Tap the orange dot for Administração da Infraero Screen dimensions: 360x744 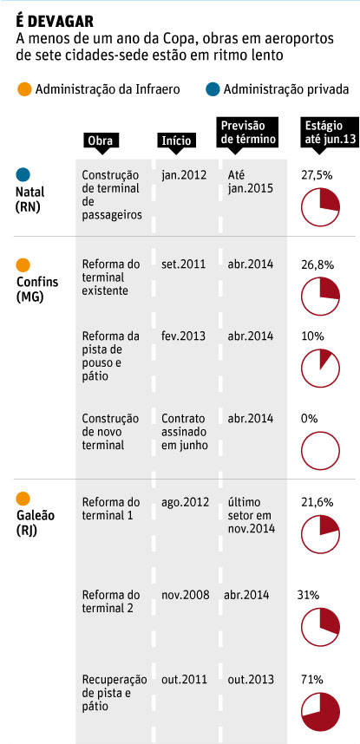[23, 89]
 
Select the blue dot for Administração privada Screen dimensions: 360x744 [213, 89]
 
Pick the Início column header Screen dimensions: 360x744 [176, 140]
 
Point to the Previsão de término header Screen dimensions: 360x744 [249, 133]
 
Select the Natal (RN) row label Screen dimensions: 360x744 [30, 199]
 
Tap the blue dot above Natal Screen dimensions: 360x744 [23, 174]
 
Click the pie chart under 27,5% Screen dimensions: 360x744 [321, 206]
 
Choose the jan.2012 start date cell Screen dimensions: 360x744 [184, 175]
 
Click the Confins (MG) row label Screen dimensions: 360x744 [37, 289]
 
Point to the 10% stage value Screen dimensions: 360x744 [312, 336]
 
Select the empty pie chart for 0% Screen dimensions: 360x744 [321, 450]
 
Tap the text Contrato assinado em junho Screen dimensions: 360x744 [184, 432]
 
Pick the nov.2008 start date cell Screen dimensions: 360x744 [186, 595]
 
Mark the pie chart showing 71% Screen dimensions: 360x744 [321, 712]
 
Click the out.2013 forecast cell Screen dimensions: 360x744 [251, 680]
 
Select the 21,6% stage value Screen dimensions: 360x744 [317, 502]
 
